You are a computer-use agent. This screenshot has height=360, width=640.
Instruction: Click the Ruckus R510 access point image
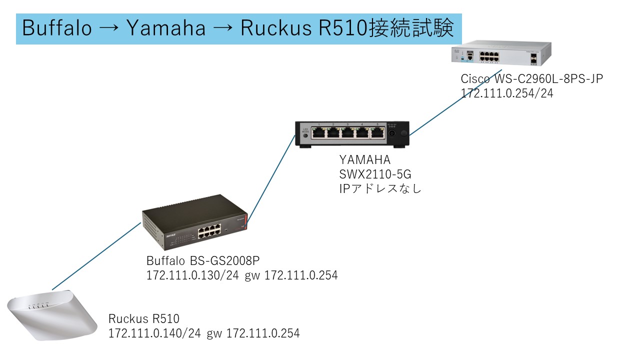[x=52, y=315]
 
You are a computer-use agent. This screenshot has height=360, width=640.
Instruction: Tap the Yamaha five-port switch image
[x=352, y=133]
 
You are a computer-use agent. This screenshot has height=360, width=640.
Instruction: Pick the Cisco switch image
[x=500, y=54]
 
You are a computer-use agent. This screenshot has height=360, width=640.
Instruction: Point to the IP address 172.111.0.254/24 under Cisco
[x=507, y=93]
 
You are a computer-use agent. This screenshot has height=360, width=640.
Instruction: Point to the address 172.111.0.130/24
[x=192, y=275]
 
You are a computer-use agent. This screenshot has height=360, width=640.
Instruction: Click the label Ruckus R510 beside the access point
[x=143, y=319]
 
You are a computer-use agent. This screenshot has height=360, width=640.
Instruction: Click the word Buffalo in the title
[x=57, y=28]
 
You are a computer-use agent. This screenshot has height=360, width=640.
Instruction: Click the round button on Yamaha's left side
[x=305, y=135]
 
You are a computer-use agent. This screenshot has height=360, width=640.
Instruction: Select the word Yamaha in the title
[x=166, y=28]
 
